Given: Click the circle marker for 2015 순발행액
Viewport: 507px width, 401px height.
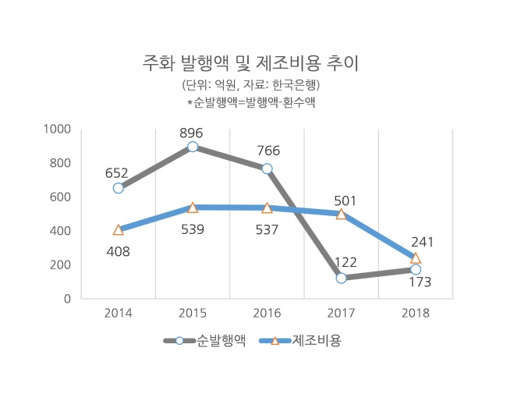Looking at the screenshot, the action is click(x=193, y=147).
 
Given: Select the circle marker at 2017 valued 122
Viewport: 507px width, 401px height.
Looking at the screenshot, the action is click(x=341, y=278).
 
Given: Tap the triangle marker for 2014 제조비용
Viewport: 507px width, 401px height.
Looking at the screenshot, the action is click(x=119, y=229).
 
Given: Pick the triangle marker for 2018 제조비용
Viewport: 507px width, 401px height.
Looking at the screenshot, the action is click(x=416, y=258).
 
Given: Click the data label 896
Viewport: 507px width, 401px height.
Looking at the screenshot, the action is click(x=191, y=133).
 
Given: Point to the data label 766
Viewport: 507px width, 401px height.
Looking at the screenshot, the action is click(x=268, y=151).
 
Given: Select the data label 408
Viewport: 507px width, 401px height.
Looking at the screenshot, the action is click(x=118, y=251).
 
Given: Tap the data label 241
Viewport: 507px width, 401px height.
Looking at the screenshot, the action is click(x=422, y=242).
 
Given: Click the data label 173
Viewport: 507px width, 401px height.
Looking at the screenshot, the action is click(x=420, y=282).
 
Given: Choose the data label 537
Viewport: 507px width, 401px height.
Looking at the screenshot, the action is click(x=267, y=229).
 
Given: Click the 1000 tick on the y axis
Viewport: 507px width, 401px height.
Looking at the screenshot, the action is click(x=57, y=129).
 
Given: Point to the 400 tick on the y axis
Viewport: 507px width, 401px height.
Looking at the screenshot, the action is click(x=60, y=231).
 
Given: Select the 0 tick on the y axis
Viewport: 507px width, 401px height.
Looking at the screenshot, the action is click(x=67, y=299).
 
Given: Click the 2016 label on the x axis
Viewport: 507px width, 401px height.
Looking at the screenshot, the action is click(x=267, y=313).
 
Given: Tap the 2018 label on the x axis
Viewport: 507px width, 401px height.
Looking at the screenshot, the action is click(x=416, y=313).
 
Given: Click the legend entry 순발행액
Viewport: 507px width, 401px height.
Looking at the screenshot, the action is click(x=204, y=340).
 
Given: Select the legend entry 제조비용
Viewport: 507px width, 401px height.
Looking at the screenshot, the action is click(x=300, y=340).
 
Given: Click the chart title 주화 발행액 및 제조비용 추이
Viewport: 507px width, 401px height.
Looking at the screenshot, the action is click(x=250, y=63).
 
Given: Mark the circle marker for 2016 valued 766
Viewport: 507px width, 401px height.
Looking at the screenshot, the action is click(x=267, y=169).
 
